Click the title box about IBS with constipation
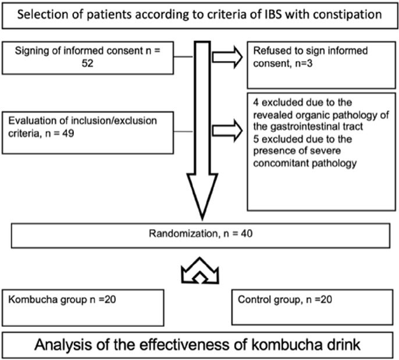pyautogui.click(x=199, y=14)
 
